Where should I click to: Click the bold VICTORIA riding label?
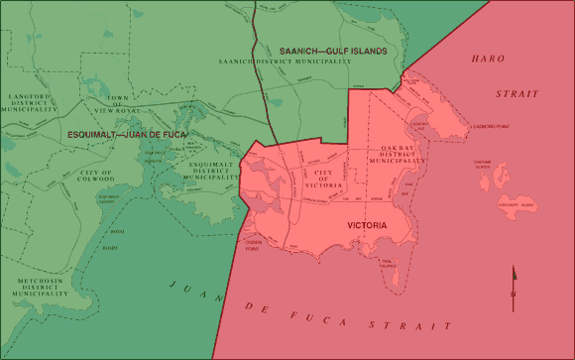tap(367, 226)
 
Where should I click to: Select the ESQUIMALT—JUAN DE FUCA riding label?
tap(128, 133)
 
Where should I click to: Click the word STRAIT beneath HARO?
tap(517, 93)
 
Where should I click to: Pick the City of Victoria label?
tap(329, 179)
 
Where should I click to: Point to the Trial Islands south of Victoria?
tap(388, 264)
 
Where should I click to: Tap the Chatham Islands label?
tap(483, 168)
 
